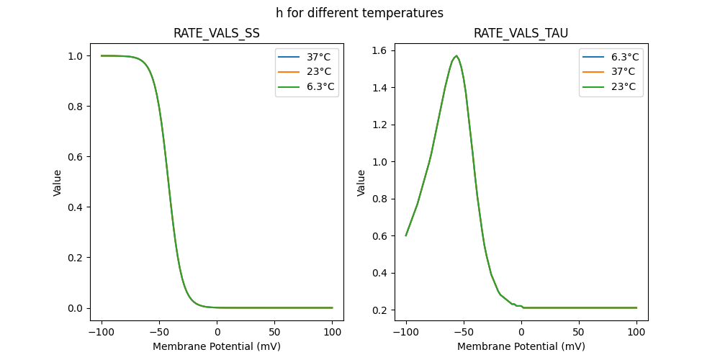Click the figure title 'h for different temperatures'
click(x=359, y=13)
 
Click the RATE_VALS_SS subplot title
click(x=217, y=33)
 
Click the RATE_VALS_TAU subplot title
click(x=521, y=33)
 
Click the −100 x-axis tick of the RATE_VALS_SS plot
click(x=102, y=333)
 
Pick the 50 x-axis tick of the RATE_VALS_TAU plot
click(x=579, y=333)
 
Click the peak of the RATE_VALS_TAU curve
click(x=456, y=55)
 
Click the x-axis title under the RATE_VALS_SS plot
click(x=217, y=346)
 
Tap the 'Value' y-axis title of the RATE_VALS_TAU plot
click(x=362, y=182)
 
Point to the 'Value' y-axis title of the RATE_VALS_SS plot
click(x=58, y=182)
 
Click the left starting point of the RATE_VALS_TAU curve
click(x=406, y=235)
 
